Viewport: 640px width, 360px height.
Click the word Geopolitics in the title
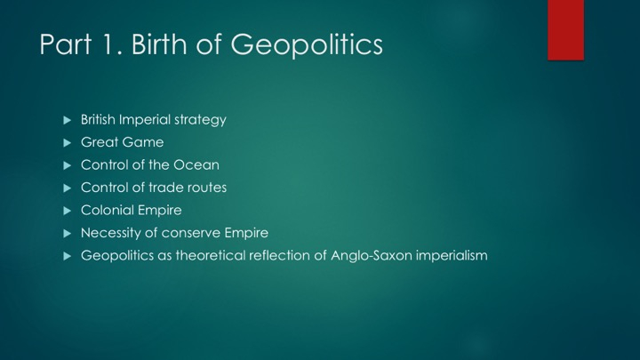[307, 45]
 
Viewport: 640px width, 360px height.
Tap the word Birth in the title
[160, 44]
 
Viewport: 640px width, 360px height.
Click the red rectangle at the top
[565, 30]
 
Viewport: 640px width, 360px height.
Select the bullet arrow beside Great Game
[68, 143]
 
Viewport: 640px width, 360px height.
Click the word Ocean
[196, 165]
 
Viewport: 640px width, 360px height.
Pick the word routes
[206, 188]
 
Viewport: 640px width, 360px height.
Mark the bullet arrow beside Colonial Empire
[68, 211]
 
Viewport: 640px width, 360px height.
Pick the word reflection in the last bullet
[280, 255]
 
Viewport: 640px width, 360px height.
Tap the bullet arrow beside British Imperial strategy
[68, 120]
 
